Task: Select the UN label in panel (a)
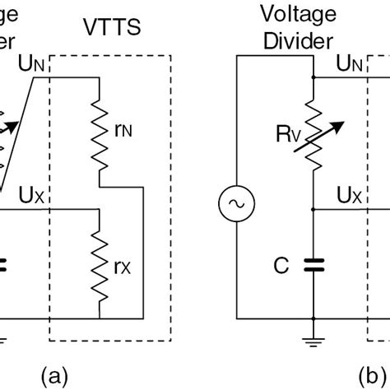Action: pos(30,63)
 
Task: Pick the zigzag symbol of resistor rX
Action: pos(100,263)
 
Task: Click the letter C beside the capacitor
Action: pos(281,265)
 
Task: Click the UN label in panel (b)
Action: pos(351,63)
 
